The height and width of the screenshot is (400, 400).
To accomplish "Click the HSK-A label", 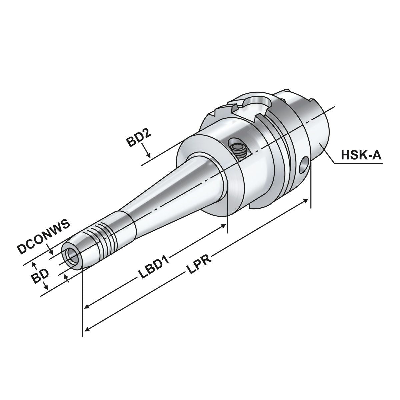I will pos(361,155).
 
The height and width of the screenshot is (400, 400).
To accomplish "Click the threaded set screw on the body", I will pos(239,149).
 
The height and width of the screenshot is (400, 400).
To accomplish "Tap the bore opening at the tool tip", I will pos(72,256).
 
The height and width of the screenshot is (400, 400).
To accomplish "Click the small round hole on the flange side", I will pos(304,165).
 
